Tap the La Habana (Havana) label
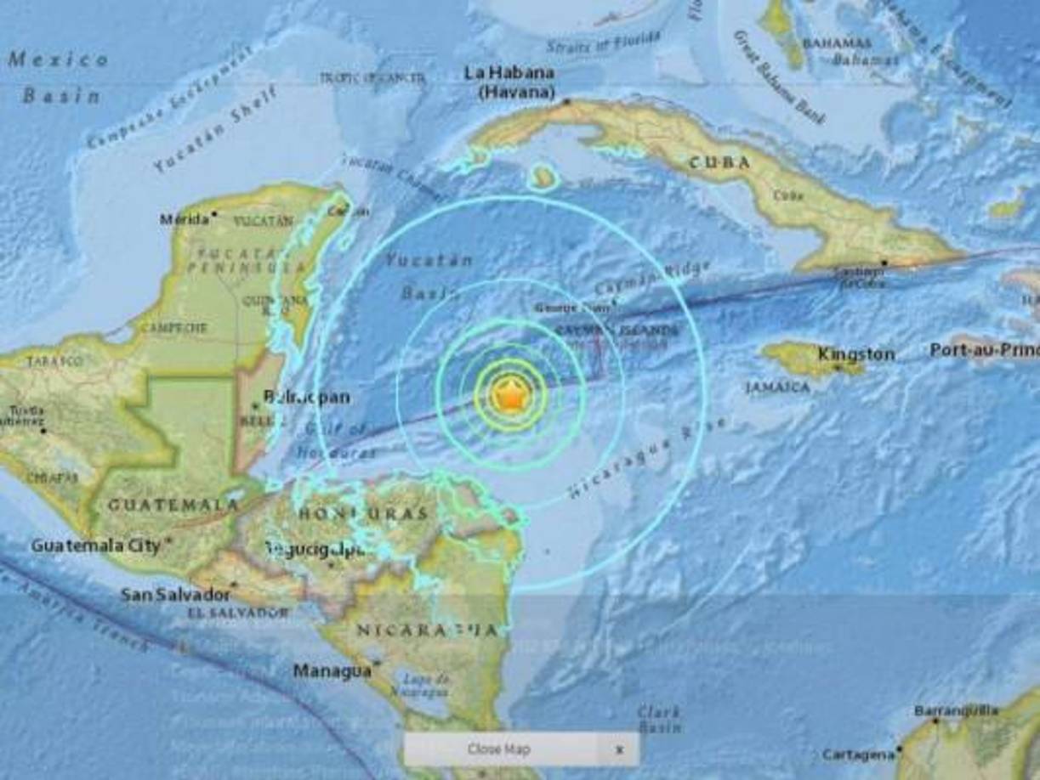[x=510, y=82]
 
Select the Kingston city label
[x=855, y=353]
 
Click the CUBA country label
[x=719, y=162]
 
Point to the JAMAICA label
[x=778, y=387]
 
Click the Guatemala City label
[x=95, y=545]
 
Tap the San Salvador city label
[x=175, y=594]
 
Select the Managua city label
[x=332, y=670]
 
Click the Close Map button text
[x=498, y=749]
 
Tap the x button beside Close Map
[x=619, y=749]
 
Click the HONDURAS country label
[x=362, y=513]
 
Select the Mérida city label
[x=184, y=219]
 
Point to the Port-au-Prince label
[x=983, y=349]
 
